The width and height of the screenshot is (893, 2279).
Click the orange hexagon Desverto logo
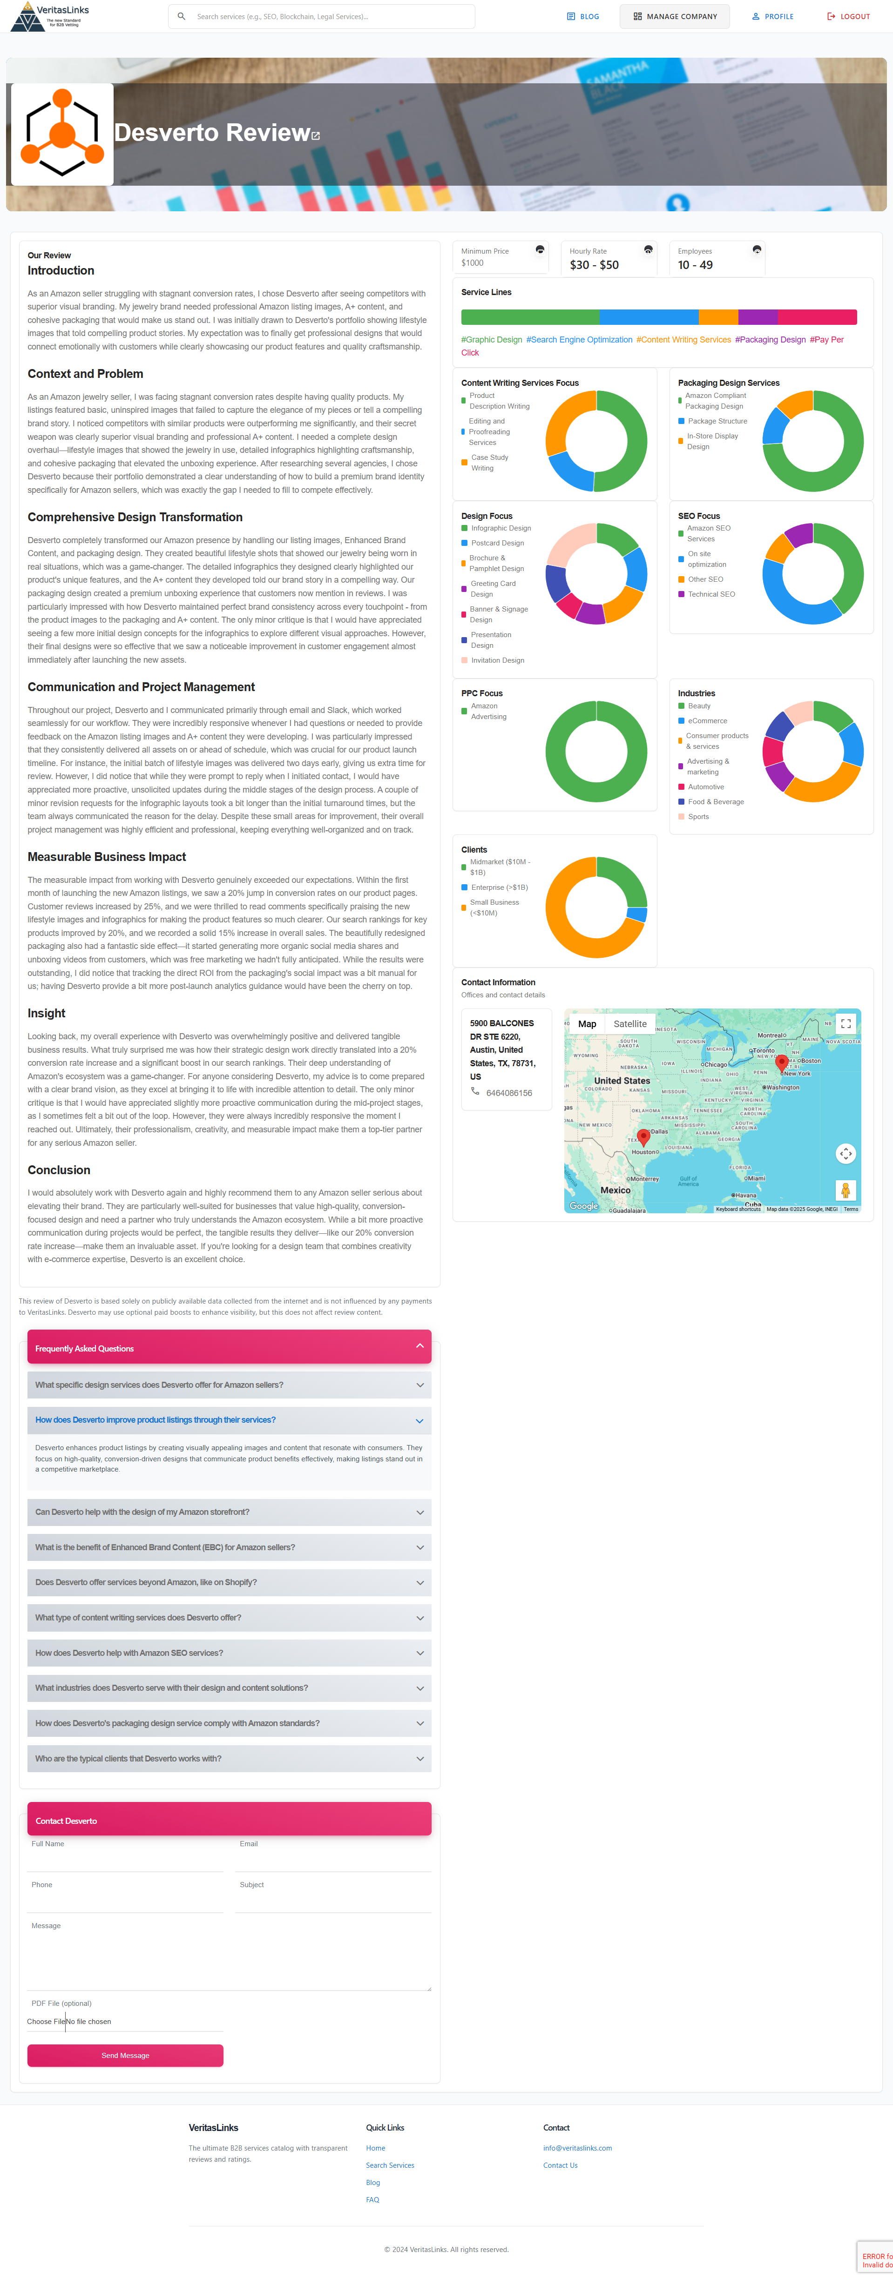(x=62, y=134)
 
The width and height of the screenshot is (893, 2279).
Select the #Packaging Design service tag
(x=770, y=340)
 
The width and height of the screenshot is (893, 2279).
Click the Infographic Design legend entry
(x=500, y=528)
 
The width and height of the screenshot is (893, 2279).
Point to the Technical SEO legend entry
(x=710, y=594)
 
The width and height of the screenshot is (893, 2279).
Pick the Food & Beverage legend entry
(x=715, y=801)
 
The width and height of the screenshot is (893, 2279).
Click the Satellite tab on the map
(x=630, y=1023)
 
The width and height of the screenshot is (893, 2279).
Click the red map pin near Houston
(x=643, y=1137)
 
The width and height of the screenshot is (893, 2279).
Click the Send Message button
(x=125, y=2055)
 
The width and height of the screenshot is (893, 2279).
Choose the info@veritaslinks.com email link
(x=577, y=2148)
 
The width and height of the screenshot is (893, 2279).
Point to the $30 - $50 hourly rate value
(x=594, y=264)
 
